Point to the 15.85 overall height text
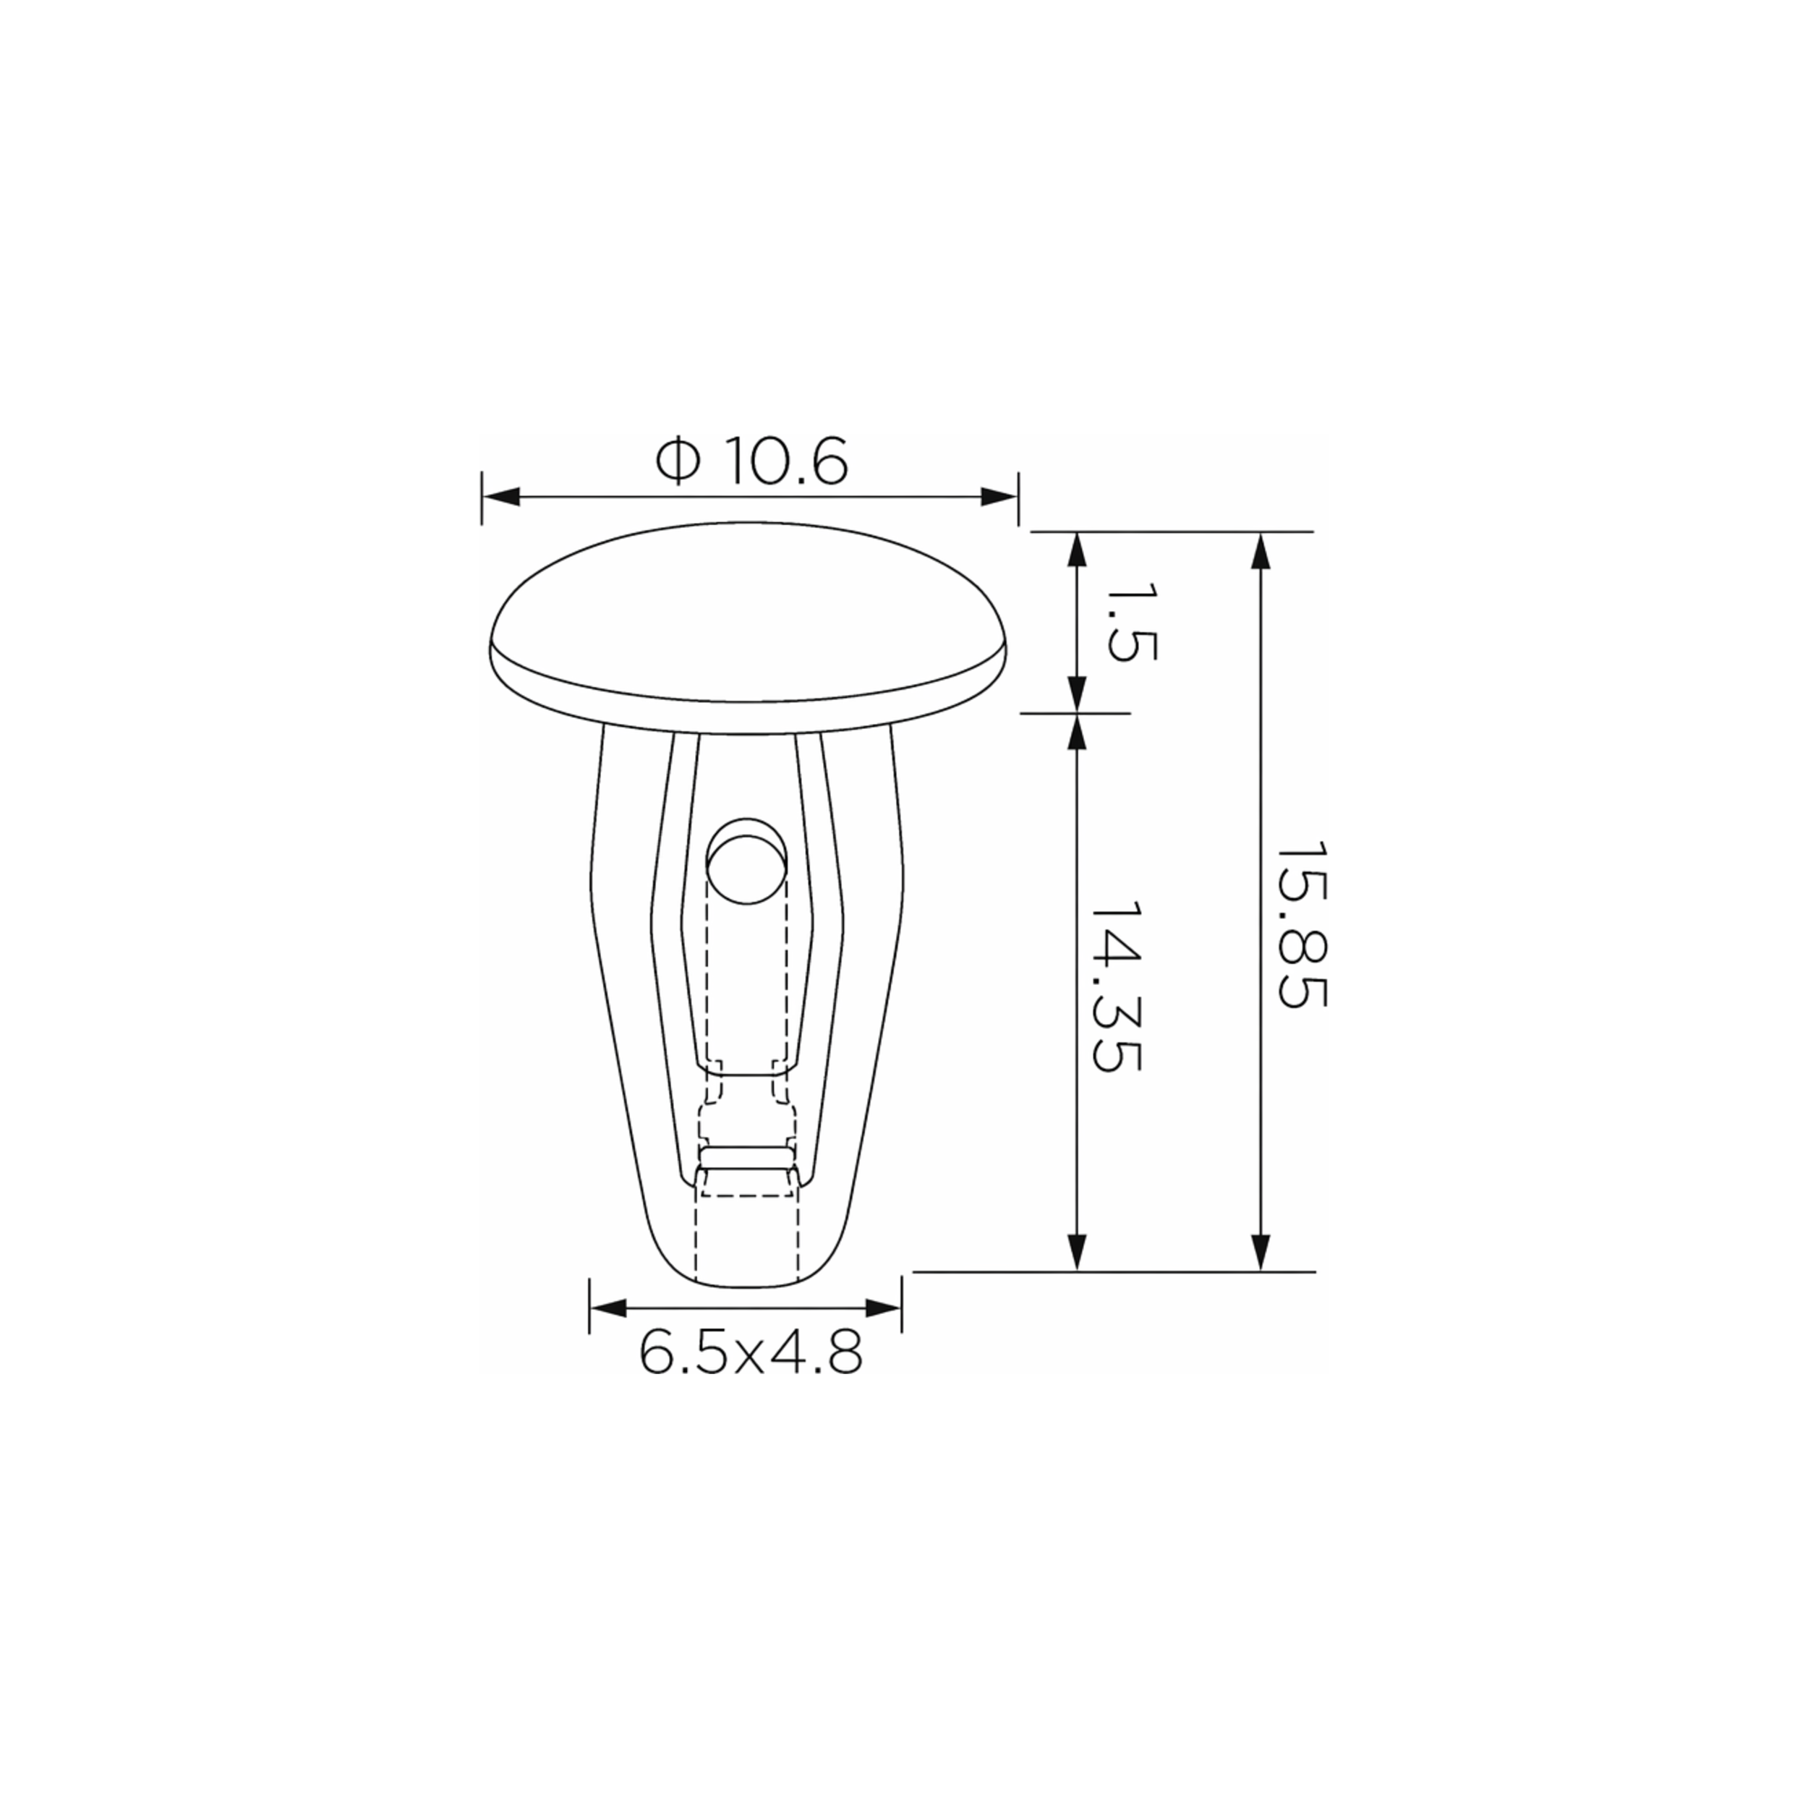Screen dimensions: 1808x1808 [1302, 924]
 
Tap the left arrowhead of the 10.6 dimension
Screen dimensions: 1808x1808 [500, 497]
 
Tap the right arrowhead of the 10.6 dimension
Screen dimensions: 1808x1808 [999, 497]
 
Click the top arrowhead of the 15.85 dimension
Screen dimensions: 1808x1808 [1261, 550]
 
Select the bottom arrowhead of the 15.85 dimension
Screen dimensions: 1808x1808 [1261, 1252]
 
